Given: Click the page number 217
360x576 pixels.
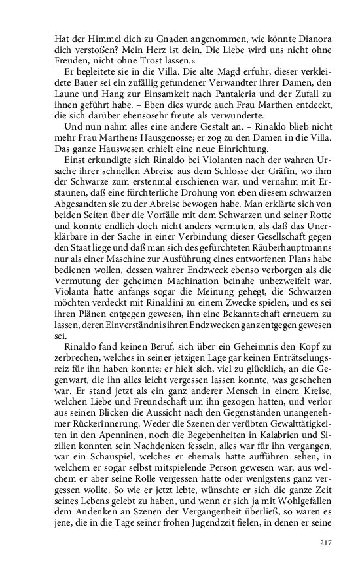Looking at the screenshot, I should [x=325, y=543].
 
